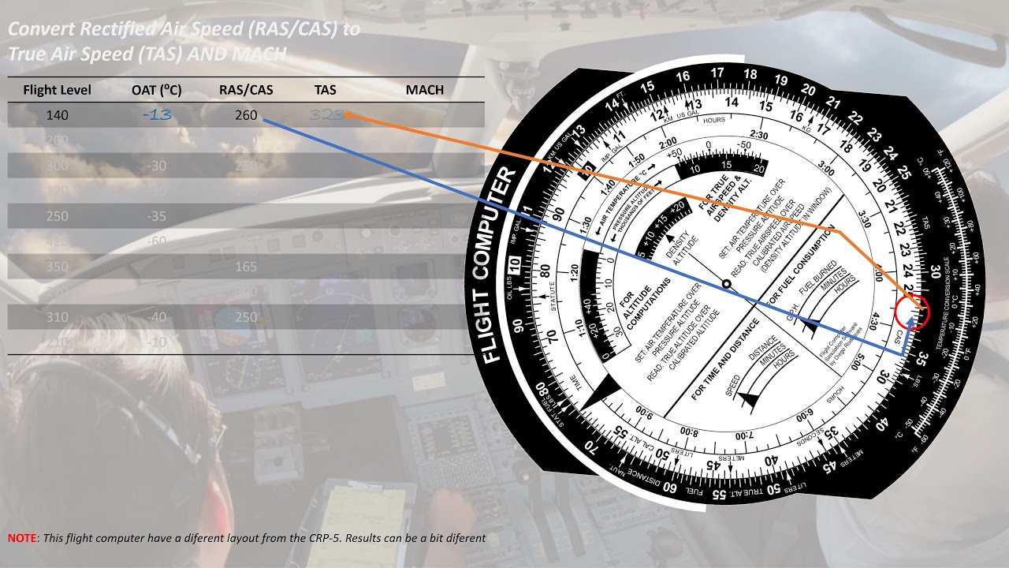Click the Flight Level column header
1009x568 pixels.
(x=57, y=90)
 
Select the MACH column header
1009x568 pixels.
(x=425, y=90)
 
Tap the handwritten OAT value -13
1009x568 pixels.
(x=157, y=115)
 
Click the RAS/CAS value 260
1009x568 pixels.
(x=246, y=115)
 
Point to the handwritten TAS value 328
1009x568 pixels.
(x=326, y=115)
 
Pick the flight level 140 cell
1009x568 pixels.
(x=57, y=115)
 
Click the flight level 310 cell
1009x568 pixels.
(x=57, y=317)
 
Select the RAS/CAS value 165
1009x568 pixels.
(x=246, y=267)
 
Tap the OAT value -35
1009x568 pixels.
(x=158, y=216)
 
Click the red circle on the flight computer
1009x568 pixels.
(x=913, y=312)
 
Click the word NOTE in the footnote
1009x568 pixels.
(x=22, y=538)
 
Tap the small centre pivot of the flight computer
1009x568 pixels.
(x=726, y=283)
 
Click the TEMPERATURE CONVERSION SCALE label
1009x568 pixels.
(x=962, y=308)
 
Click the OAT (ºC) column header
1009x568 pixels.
(x=157, y=90)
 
